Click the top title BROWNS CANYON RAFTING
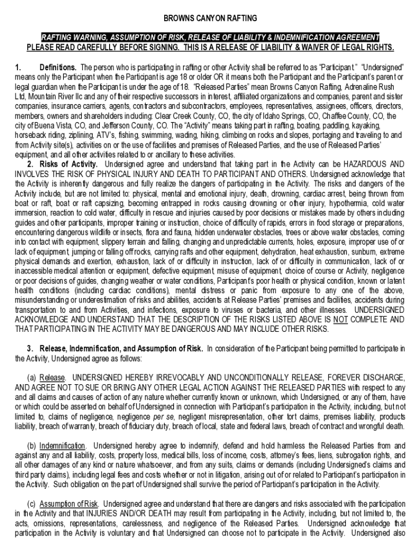point(210,18)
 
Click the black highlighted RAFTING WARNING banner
point(210,37)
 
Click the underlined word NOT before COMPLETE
point(341,320)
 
